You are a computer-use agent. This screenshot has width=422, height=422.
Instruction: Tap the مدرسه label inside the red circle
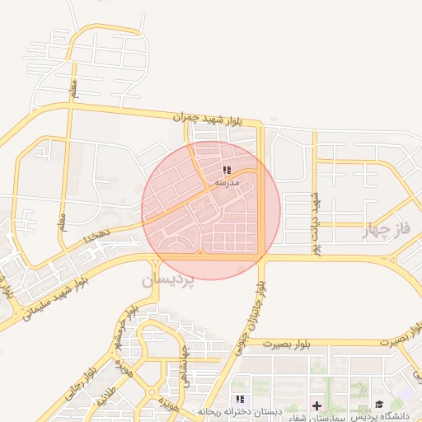227,182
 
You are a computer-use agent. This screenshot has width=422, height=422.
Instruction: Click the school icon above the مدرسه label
227,171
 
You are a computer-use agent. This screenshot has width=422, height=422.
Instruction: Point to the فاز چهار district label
385,233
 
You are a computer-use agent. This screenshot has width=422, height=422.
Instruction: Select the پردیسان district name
168,280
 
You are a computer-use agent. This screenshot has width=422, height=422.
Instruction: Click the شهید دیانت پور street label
314,223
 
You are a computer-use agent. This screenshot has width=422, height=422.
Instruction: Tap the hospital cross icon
316,405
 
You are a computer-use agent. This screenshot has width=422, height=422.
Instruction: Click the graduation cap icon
379,404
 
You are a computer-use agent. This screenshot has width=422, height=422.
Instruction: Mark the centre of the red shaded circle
211,210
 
